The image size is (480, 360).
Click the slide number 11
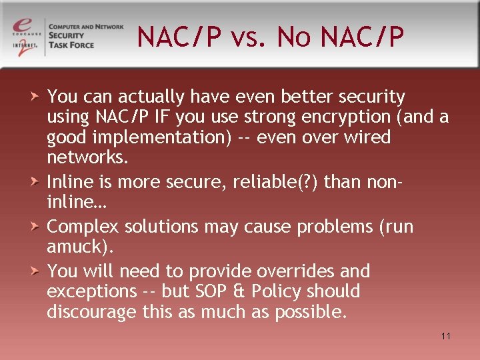click(446, 336)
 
